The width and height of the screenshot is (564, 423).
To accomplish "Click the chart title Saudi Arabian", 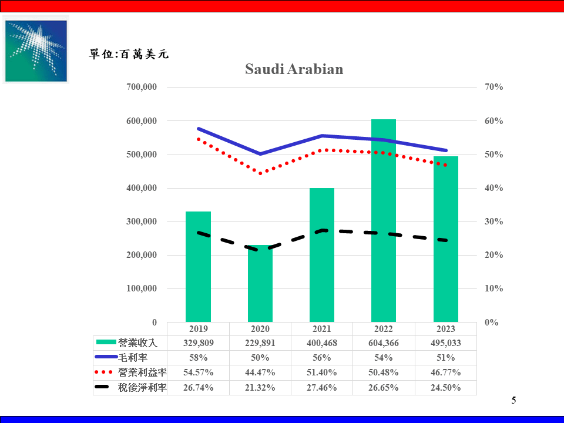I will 294,69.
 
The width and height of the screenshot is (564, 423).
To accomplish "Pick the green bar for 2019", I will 198,267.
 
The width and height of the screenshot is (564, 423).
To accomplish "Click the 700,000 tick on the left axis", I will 142,87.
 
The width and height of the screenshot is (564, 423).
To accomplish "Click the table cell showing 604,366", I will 384,343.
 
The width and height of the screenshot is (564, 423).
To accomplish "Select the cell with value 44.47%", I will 260,372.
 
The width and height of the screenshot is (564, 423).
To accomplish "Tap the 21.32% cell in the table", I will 260,387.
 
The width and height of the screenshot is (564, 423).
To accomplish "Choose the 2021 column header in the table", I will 322,329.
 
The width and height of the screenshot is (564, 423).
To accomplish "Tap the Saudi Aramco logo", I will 36,49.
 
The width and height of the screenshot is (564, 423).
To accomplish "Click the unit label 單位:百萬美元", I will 129,54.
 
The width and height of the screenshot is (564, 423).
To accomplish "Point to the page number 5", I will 513,401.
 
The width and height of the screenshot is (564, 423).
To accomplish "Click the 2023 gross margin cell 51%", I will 445,358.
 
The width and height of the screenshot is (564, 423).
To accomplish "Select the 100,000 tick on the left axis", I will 142,288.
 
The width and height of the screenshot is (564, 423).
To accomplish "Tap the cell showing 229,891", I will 260,343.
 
